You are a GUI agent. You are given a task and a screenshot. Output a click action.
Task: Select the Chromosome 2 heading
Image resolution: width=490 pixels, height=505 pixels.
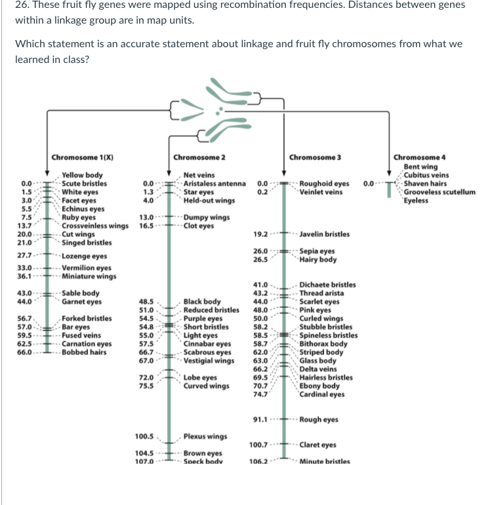pos(199,157)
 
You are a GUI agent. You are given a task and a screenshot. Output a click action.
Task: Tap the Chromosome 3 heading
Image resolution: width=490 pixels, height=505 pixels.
pos(315,157)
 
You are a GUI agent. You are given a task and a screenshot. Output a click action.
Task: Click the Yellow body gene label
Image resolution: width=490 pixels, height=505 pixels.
pos(82,175)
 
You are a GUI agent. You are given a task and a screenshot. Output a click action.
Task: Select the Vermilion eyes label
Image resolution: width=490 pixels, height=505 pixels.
pos(86,268)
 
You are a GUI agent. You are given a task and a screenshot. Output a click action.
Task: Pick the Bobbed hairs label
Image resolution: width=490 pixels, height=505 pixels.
pos(84,352)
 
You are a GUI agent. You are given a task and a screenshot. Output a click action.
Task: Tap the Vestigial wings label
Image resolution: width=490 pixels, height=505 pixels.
pos(209,361)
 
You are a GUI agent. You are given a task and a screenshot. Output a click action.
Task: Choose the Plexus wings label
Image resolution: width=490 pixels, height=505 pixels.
pos(205,436)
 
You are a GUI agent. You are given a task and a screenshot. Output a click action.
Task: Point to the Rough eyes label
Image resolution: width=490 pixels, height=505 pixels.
pos(319,420)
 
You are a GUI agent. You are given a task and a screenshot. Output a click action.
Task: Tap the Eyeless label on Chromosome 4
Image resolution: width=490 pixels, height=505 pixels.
pos(416,201)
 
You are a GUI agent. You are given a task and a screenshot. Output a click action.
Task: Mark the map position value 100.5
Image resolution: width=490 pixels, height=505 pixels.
pos(144,436)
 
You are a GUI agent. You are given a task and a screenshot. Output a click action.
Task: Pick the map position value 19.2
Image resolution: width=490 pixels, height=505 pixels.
pos(261,234)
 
